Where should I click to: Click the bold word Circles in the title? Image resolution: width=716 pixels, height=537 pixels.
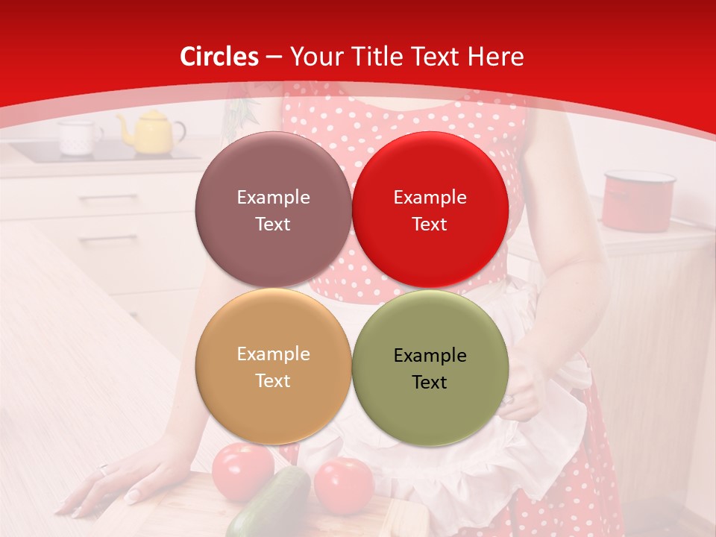coord(219,57)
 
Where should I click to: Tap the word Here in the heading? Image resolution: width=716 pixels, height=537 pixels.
coord(496,57)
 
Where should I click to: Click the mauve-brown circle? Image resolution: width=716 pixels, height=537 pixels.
coord(273,210)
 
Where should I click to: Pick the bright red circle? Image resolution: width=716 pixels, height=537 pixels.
coord(430,210)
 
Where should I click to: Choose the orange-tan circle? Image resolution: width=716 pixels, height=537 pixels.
coord(273,367)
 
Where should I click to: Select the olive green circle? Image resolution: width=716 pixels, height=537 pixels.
coord(430,367)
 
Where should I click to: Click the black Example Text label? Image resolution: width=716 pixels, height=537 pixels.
coord(430,368)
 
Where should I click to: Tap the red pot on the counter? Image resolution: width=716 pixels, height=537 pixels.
coord(638,201)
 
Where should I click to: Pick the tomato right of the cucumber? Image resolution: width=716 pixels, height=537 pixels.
coord(343,485)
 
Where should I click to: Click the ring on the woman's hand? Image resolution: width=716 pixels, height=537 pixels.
coord(104,470)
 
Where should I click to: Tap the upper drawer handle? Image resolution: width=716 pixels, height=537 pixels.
coord(107,198)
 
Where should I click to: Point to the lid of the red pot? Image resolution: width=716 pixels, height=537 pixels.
coord(639,178)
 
